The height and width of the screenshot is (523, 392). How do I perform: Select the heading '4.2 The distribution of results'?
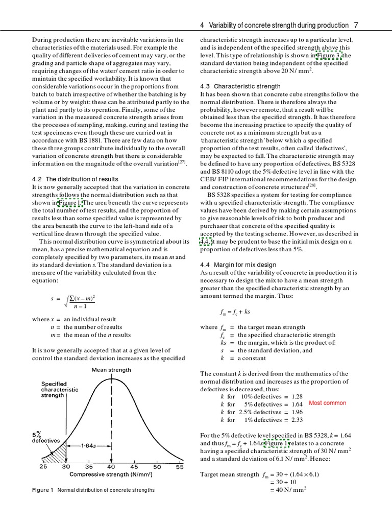tap(75, 179)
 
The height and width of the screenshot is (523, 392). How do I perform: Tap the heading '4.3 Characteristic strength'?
tap(240, 86)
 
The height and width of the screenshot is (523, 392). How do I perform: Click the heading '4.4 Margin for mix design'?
tap(238, 265)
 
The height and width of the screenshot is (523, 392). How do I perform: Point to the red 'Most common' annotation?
tap(327, 403)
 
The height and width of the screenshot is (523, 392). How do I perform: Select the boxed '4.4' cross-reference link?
tap(205, 242)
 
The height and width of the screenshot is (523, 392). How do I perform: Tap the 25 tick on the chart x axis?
tap(43, 467)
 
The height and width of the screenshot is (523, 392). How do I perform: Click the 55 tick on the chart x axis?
tap(180, 467)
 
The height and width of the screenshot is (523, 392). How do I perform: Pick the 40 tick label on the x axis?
tap(111, 467)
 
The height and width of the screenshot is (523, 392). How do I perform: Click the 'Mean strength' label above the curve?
tap(111, 370)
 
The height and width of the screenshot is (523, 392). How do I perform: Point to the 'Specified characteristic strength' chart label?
tap(60, 389)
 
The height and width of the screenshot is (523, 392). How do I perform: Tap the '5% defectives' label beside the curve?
tap(46, 437)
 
